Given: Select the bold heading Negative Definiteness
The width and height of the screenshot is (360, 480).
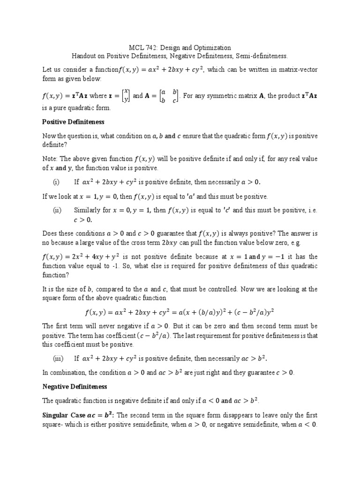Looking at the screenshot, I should pos(75,387).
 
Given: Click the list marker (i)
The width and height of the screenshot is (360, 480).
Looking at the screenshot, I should pos(56,182).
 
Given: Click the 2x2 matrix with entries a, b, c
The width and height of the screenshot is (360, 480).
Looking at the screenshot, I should pos(169,96).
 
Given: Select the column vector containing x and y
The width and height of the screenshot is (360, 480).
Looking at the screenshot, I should pos(125,96).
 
